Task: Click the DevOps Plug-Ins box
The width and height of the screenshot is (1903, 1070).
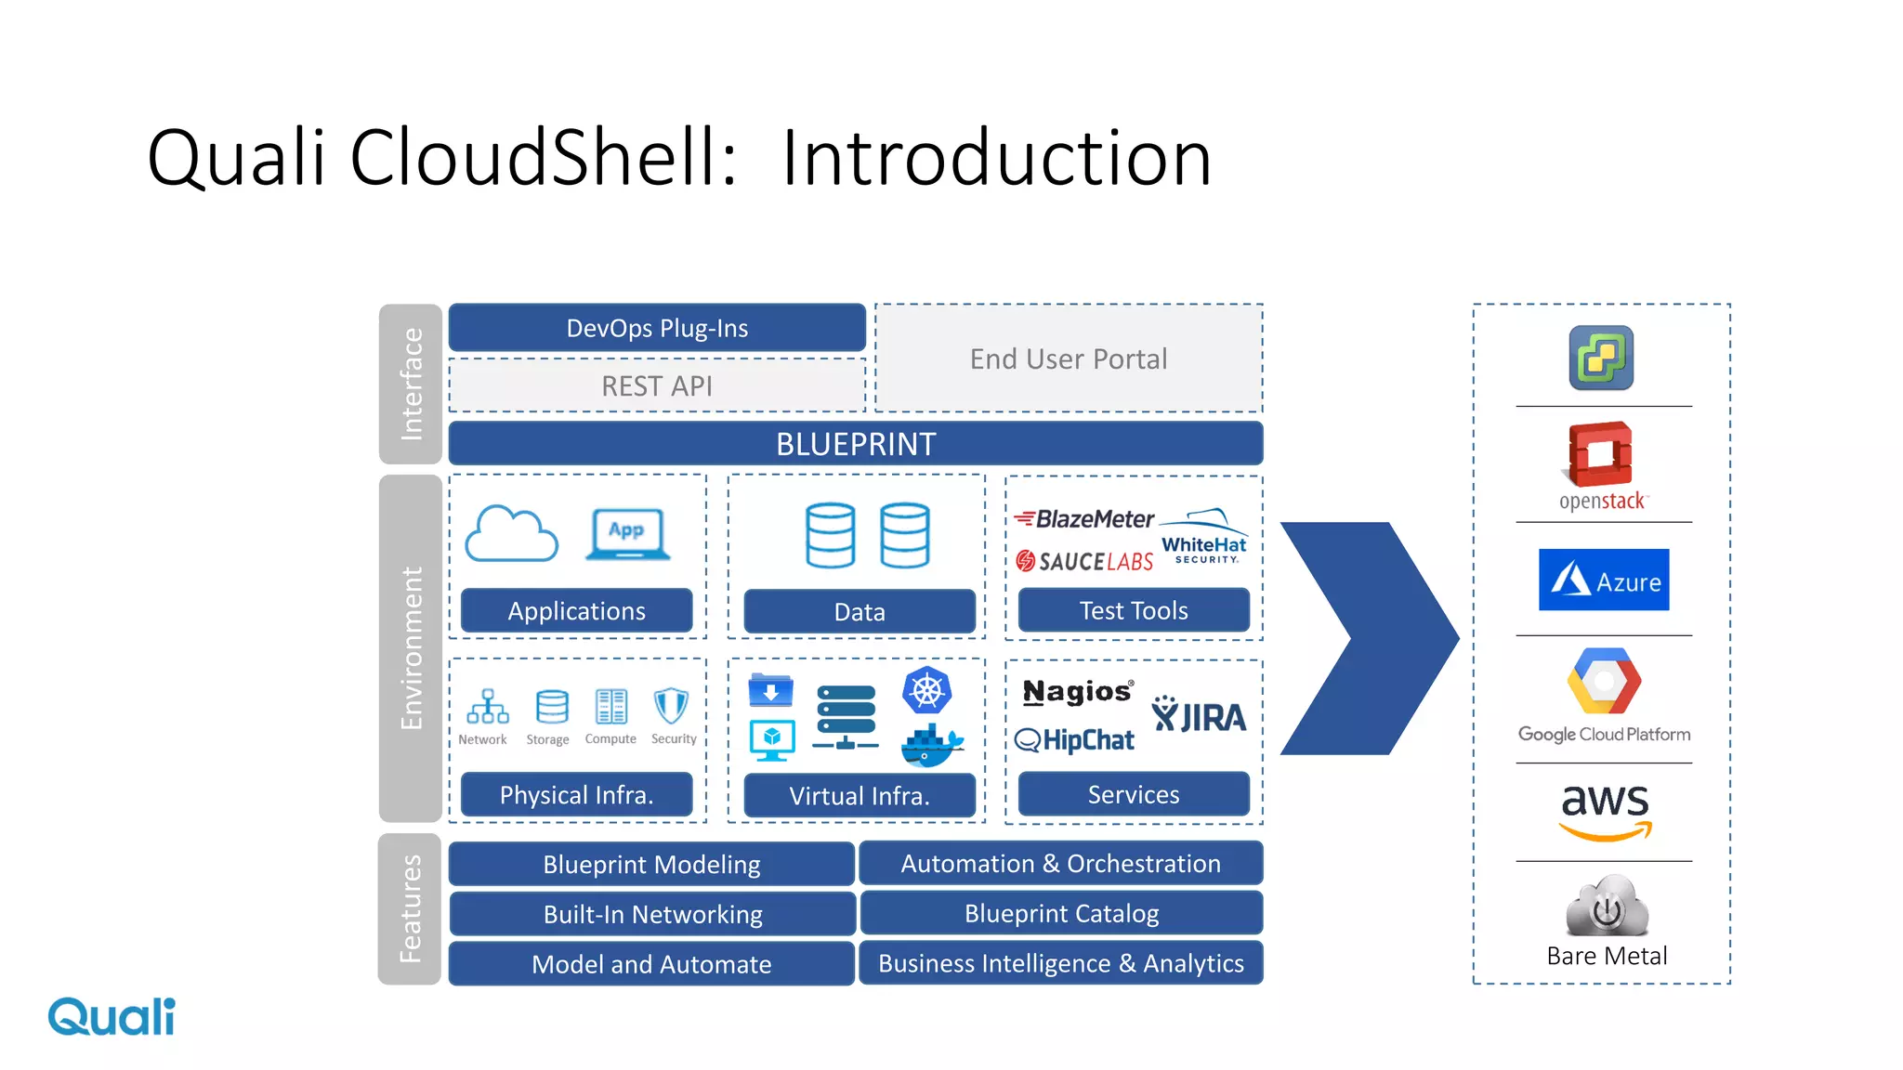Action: coord(657,328)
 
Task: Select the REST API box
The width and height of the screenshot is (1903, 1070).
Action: coord(657,385)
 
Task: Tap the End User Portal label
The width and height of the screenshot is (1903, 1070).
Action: coord(1069,359)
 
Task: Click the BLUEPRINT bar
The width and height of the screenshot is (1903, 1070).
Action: coord(855,444)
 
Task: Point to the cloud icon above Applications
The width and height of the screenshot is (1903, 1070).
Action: coord(511,534)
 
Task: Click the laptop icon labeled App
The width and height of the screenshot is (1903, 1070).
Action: coord(627,534)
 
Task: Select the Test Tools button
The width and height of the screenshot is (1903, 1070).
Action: coord(1134,611)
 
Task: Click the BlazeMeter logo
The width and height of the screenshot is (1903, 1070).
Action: coord(1084,519)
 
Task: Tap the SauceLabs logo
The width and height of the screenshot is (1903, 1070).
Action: coord(1084,561)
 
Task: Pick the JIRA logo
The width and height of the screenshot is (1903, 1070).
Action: coord(1199,716)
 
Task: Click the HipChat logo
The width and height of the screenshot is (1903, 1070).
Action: coord(1075,740)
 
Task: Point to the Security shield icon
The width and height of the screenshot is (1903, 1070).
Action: coord(671,706)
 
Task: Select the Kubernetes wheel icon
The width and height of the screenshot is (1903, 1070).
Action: coord(926,690)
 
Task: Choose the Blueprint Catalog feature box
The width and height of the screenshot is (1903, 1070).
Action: coord(1061,914)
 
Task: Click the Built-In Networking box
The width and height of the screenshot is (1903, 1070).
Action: coord(652,915)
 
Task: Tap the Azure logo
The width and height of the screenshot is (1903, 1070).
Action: coord(1604,581)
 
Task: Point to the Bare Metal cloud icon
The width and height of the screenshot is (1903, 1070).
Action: coord(1607,907)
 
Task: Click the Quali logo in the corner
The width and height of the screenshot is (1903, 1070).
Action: coord(112,1017)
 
